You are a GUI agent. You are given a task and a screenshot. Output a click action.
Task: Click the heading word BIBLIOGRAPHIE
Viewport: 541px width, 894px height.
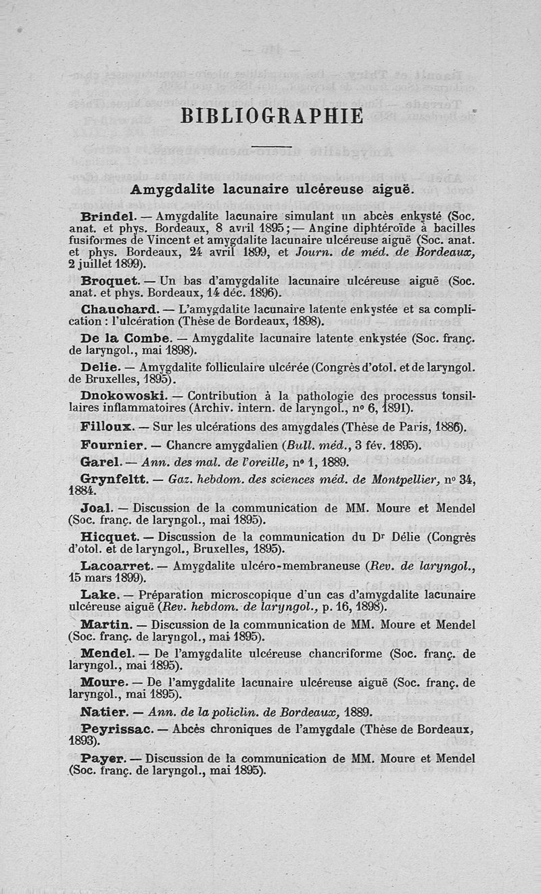point(273,116)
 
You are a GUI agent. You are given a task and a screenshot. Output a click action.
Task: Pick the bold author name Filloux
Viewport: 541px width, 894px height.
point(103,427)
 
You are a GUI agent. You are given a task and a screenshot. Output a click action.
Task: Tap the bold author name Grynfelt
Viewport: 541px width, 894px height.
point(112,479)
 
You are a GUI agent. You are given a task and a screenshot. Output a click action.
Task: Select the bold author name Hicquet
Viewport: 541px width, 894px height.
point(109,537)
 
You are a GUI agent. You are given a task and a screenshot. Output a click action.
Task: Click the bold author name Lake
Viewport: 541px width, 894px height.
point(100,595)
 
